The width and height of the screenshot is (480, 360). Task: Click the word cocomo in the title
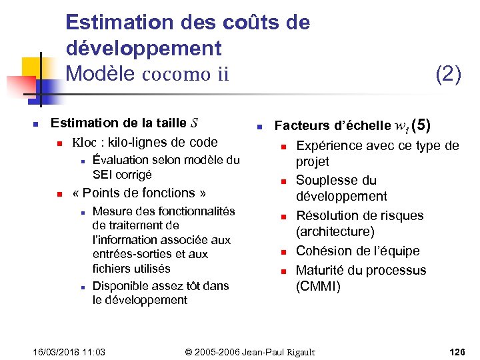[x=175, y=74]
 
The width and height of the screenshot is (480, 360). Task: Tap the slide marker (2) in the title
[x=448, y=74]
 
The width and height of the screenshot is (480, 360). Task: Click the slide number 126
[x=458, y=351]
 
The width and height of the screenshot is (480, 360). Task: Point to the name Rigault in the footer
[x=298, y=351]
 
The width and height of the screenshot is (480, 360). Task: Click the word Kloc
[x=84, y=141]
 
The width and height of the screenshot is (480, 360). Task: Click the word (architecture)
[x=335, y=231]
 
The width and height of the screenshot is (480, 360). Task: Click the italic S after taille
[x=194, y=123]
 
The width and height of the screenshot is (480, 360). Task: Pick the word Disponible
[x=121, y=286]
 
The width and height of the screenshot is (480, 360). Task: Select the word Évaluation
[x=122, y=159]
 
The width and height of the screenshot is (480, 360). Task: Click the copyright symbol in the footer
[x=189, y=351]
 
